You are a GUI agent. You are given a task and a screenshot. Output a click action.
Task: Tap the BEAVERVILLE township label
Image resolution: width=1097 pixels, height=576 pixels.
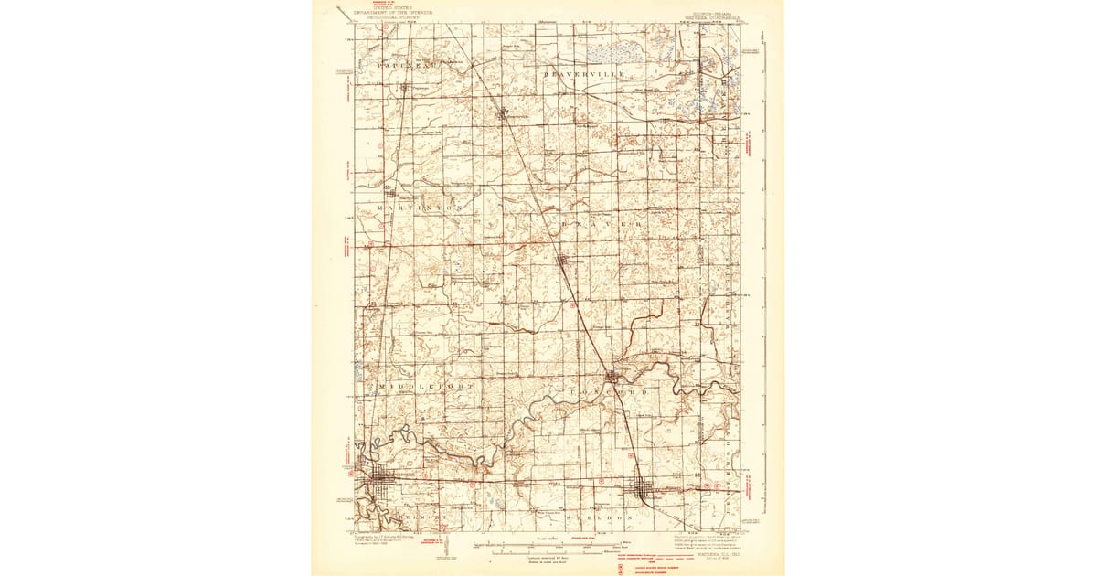point(583,72)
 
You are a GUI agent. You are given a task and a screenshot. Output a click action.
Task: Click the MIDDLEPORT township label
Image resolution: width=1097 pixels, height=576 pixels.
point(423,387)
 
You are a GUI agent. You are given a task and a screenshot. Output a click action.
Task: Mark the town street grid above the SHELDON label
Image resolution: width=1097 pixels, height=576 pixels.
point(648,492)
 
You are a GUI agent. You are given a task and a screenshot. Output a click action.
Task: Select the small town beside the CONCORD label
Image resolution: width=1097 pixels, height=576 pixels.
point(612,375)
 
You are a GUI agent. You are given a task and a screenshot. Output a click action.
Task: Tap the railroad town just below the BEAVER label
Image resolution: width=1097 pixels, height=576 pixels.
point(563,261)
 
